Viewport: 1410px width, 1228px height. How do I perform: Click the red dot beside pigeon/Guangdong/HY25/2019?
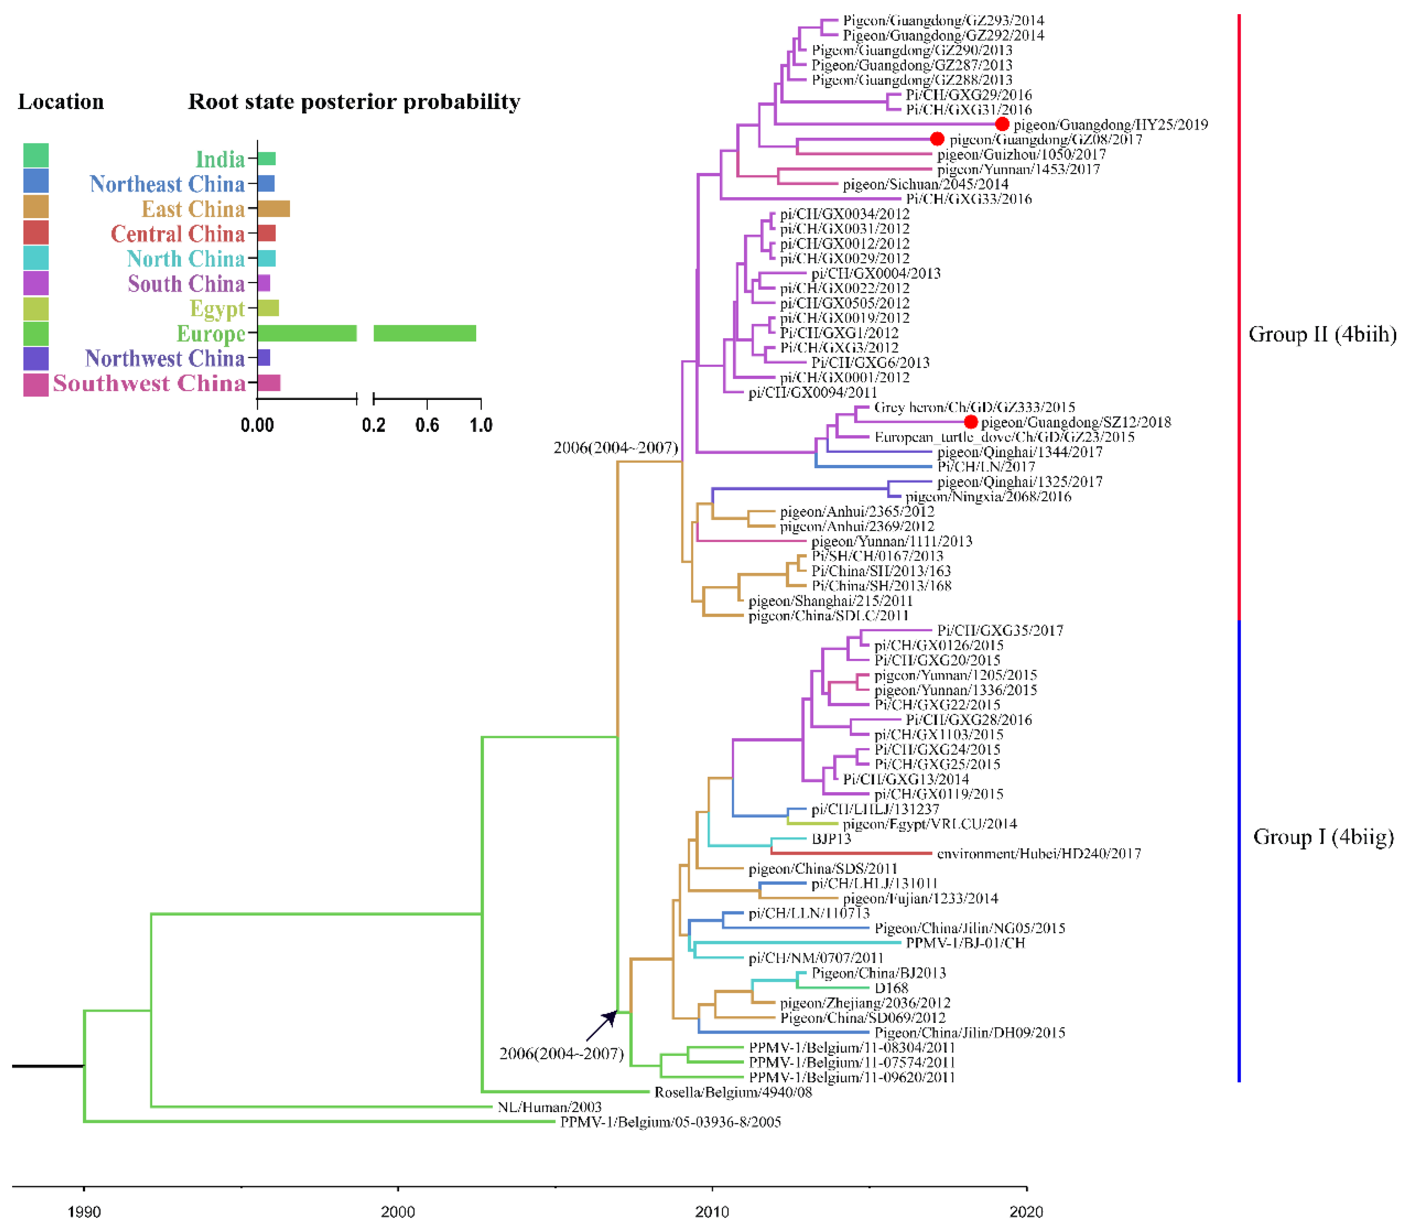pos(1002,124)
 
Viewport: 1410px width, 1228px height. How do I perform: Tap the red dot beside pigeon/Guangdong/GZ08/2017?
pos(937,139)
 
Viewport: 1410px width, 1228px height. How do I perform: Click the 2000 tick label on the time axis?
pos(397,1211)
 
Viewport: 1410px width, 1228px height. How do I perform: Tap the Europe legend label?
pos(210,334)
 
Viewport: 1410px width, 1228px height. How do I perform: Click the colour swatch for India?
pos(36,156)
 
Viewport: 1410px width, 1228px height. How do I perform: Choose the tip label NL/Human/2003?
pos(549,1107)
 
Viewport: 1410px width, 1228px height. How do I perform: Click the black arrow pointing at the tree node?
pos(601,1026)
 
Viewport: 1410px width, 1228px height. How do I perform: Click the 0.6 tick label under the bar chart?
pos(427,425)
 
